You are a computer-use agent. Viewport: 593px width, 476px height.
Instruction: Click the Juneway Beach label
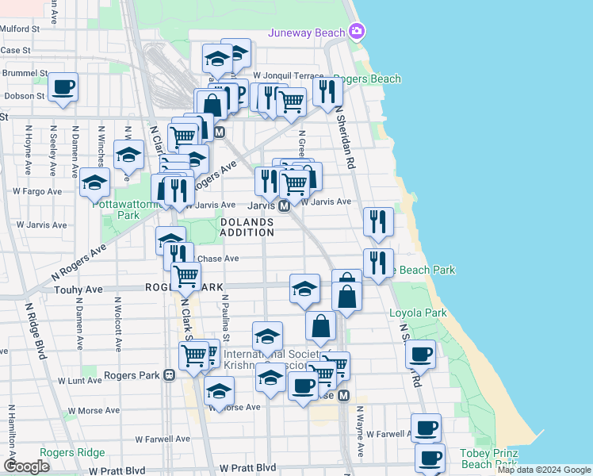[307, 33]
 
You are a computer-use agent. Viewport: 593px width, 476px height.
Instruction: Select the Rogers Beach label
[369, 79]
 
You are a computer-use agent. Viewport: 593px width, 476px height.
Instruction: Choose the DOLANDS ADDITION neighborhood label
[247, 227]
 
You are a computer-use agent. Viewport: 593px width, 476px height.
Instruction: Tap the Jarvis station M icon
[283, 205]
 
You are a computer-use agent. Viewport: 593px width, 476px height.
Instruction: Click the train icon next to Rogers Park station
[169, 375]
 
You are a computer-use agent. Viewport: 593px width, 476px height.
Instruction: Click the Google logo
[27, 466]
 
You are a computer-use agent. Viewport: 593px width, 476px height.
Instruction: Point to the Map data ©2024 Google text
[543, 470]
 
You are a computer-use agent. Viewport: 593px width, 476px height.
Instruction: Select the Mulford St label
[20, 29]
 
